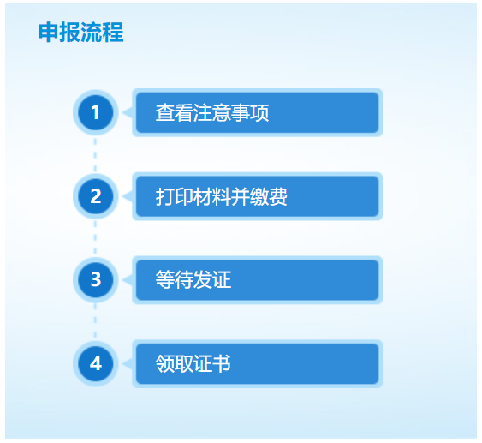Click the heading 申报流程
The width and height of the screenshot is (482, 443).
(81, 33)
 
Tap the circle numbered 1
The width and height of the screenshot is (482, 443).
(95, 112)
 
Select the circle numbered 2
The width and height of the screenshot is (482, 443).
(95, 196)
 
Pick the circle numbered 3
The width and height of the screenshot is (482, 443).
(95, 279)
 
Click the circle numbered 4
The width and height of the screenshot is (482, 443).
(95, 363)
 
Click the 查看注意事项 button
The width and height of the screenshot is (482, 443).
(257, 112)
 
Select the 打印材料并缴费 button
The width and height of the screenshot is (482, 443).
(257, 196)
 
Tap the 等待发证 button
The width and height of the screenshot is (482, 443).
(257, 279)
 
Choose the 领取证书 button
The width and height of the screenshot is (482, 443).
(257, 363)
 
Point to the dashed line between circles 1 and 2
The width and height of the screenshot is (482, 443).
(95, 154)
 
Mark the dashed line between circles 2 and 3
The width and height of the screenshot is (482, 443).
(95, 238)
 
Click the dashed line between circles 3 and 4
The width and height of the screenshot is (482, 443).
(95, 321)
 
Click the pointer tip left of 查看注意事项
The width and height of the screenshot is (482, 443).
(127, 112)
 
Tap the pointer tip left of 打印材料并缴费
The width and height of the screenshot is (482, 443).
(127, 196)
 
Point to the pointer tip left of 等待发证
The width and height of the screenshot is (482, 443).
(127, 279)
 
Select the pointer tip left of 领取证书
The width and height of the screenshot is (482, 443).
(127, 363)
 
